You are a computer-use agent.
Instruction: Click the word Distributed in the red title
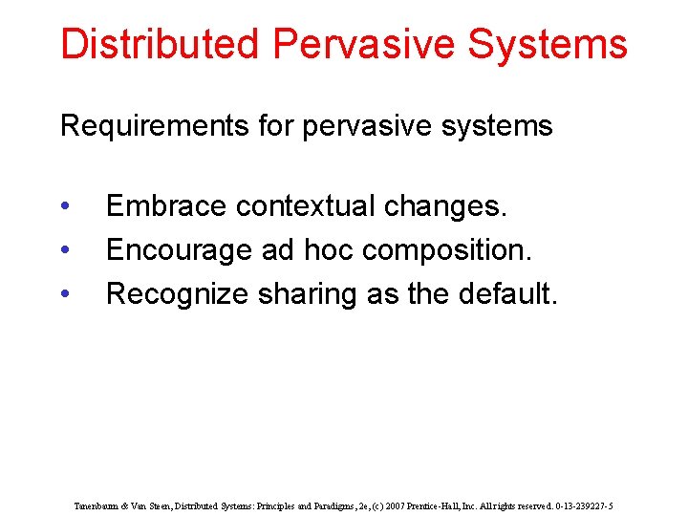(x=159, y=45)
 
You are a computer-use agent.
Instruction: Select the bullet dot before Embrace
(x=63, y=207)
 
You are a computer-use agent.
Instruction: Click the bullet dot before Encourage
(x=63, y=251)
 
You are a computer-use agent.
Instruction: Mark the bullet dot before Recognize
(x=63, y=295)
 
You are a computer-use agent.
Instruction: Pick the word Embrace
(x=166, y=206)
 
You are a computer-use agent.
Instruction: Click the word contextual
(x=306, y=206)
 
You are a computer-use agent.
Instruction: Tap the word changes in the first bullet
(x=446, y=206)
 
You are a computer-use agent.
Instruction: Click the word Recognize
(x=178, y=294)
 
